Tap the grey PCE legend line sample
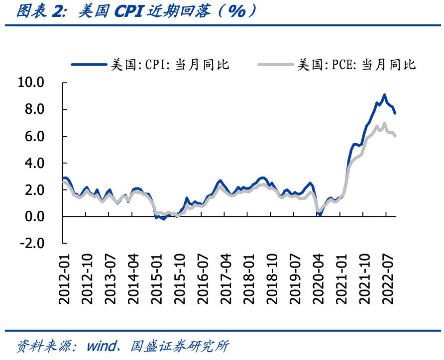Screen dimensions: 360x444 [x=276, y=64]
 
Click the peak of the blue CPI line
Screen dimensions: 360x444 [x=384, y=94]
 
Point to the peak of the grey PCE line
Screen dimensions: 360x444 [x=384, y=123]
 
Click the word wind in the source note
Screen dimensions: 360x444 [x=102, y=346]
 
